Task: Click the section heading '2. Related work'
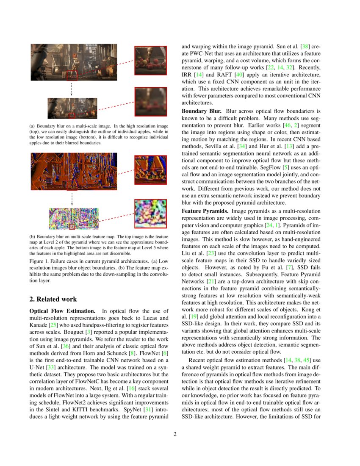tap(53, 299)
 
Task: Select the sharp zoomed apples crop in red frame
tap(151, 60)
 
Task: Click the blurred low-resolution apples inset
tap(151, 102)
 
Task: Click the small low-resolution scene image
tap(72, 108)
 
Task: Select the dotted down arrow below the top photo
tap(71, 89)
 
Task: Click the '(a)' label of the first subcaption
tap(32, 126)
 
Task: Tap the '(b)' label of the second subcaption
tap(32, 236)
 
